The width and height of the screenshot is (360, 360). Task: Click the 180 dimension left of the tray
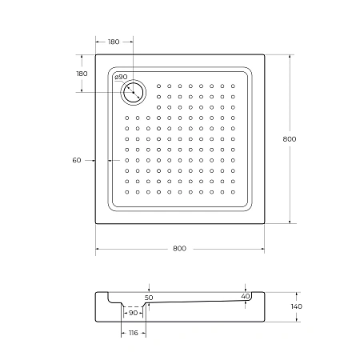click(x=81, y=74)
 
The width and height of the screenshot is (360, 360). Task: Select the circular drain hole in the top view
click(x=133, y=93)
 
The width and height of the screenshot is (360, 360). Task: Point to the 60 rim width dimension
click(x=77, y=161)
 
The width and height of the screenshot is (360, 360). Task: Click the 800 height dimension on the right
click(x=290, y=139)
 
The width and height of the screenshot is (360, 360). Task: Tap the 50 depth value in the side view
click(x=148, y=298)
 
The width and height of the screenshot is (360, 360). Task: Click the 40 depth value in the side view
click(x=245, y=296)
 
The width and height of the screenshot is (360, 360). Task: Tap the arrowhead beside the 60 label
click(x=94, y=161)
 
